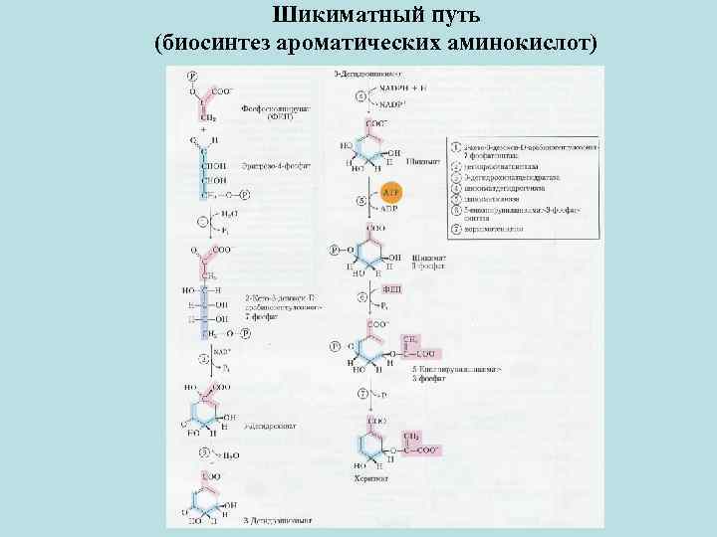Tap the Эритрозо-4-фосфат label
(269, 166)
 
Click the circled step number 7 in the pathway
(361, 394)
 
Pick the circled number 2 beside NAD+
(203, 358)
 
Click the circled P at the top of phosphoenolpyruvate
(192, 76)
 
